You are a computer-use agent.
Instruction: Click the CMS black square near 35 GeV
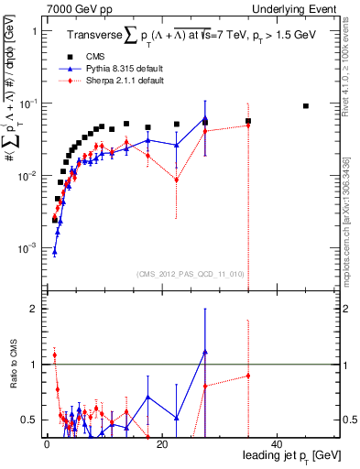[248, 121]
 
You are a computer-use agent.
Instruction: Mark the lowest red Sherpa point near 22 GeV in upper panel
[177, 180]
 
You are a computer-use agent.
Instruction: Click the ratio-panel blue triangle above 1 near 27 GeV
[205, 352]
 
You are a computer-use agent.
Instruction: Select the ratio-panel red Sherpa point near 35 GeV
[248, 376]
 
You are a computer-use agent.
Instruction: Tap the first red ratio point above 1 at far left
[54, 354]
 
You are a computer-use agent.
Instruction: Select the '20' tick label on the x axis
[161, 444]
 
